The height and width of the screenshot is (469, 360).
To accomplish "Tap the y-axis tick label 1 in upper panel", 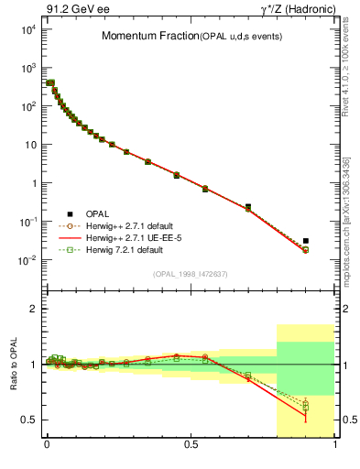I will [31, 183].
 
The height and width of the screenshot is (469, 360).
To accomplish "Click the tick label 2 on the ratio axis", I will [32, 309].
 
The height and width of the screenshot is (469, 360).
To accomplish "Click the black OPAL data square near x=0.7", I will [248, 207].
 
